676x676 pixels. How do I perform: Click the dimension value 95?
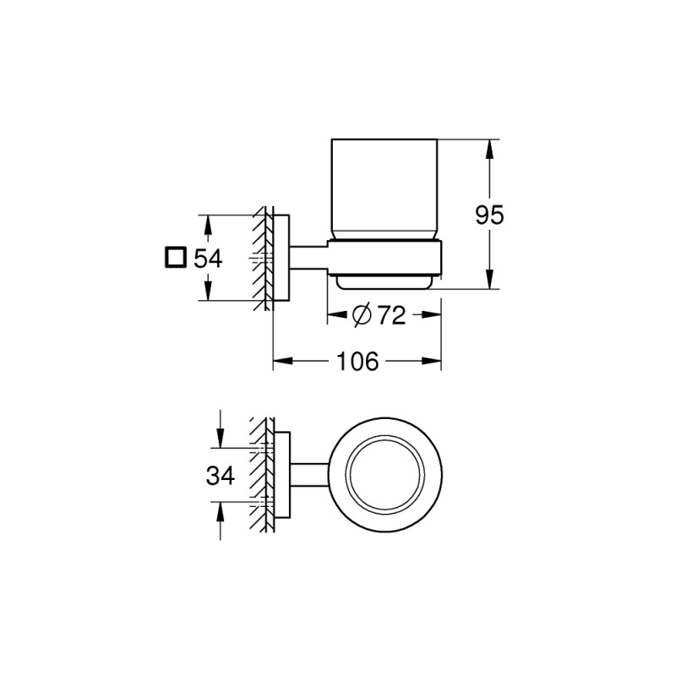488,215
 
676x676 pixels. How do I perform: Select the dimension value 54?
208,258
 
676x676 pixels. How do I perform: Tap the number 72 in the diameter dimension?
391,315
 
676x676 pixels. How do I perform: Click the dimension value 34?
220,477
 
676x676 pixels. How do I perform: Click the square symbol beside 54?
176,258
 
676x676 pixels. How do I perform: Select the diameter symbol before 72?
360,315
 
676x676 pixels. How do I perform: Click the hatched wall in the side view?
261,258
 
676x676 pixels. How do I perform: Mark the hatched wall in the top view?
261,476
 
